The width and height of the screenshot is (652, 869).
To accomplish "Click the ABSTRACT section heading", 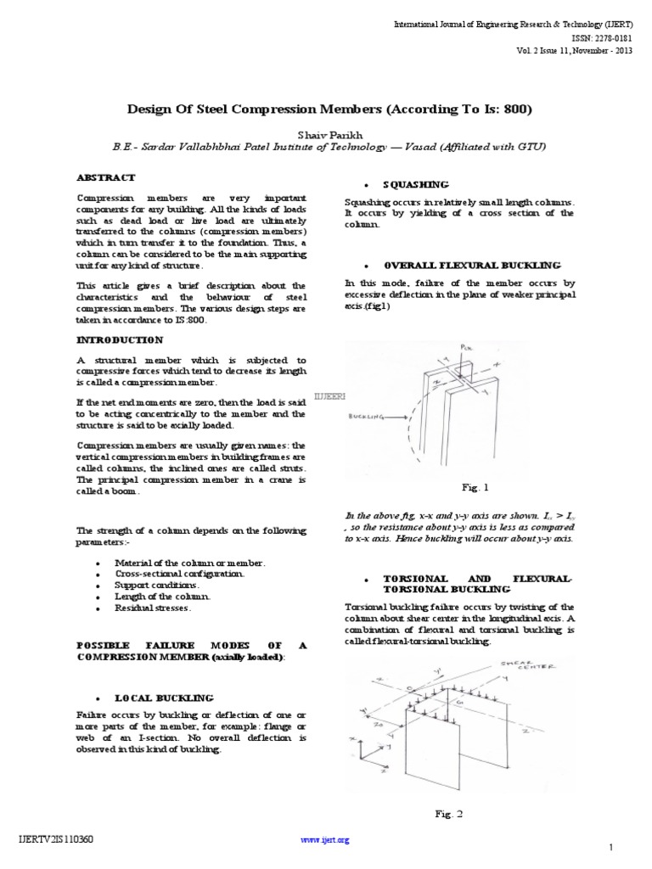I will [106, 177].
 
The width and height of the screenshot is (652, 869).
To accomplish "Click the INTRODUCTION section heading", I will [119, 339].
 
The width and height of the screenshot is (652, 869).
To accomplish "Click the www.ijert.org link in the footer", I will [325, 839].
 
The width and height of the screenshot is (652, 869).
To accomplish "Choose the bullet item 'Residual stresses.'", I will [157, 608].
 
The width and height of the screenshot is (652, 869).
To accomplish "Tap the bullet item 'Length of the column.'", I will [162, 597].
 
